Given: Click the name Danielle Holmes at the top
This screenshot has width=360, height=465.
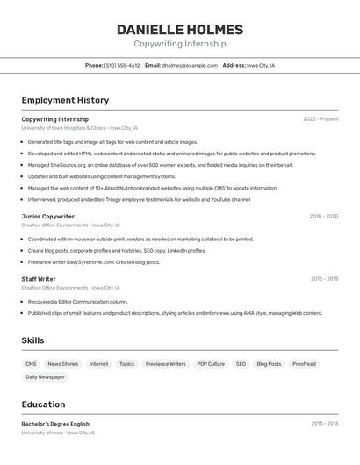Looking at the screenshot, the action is (x=180, y=30).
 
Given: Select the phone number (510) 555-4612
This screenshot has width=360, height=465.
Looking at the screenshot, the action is (x=122, y=65).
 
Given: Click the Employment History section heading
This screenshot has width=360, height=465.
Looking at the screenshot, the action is (x=65, y=100).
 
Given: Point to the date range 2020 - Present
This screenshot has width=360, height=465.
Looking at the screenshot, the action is (x=320, y=119).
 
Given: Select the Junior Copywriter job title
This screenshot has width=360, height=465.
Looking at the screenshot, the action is (x=48, y=216).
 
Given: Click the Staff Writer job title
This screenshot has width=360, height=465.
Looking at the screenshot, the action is (x=39, y=279).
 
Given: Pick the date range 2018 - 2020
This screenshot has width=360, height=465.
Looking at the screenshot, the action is (x=323, y=216).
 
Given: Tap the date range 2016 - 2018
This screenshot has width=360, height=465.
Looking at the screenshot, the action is (x=324, y=279).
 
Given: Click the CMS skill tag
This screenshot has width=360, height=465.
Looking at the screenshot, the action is (x=31, y=364).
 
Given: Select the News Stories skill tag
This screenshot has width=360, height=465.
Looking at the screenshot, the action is (x=63, y=364).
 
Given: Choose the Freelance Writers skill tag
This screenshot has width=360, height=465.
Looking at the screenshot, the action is (x=165, y=364).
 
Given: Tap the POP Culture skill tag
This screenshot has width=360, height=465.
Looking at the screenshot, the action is (x=211, y=364).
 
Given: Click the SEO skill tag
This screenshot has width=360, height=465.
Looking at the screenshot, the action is (x=241, y=364).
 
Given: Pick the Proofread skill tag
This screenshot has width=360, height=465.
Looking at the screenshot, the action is (x=304, y=364).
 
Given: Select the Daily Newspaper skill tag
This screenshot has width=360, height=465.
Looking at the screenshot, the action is (x=45, y=377).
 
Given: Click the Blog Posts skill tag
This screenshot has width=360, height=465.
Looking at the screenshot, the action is (x=269, y=364).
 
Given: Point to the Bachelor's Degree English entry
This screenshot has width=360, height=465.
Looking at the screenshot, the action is (x=55, y=424).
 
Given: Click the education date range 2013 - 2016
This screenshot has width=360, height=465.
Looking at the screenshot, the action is (x=324, y=424).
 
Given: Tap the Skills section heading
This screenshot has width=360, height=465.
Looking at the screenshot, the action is (x=32, y=340).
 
